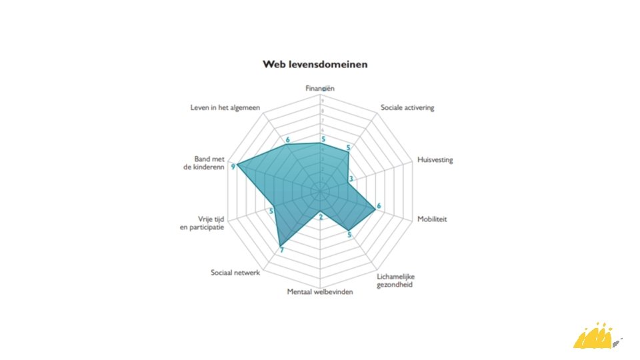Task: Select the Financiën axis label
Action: tap(321, 88)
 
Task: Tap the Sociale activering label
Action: tap(407, 107)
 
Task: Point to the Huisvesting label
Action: tap(435, 160)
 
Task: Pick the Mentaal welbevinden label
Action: tap(319, 292)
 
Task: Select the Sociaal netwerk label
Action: tap(235, 272)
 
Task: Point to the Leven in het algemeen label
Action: tap(225, 107)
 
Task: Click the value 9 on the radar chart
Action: tap(233, 167)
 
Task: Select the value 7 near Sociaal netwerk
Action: tap(281, 251)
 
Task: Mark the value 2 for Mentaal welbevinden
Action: tap(321, 217)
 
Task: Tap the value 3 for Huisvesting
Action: tap(351, 180)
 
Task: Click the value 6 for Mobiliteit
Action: tap(379, 206)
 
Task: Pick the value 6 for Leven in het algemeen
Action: tap(287, 140)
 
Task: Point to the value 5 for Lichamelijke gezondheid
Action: tap(349, 235)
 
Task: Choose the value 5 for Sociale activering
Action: tap(347, 148)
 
